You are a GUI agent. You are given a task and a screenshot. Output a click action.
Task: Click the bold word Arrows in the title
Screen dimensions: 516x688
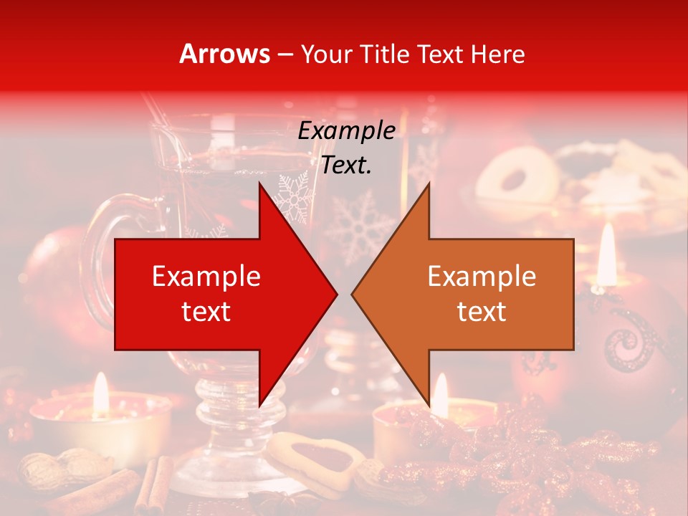[x=225, y=54]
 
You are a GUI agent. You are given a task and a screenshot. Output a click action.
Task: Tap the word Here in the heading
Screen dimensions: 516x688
[x=499, y=54]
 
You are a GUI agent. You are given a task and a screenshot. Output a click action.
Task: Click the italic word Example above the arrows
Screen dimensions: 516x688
[x=346, y=131]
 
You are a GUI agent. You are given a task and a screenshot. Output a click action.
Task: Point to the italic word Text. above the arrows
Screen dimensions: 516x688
[x=346, y=165]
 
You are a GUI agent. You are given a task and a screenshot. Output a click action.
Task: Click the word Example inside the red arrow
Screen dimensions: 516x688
[x=206, y=277]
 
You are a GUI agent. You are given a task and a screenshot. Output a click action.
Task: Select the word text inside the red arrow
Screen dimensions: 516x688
[x=206, y=311]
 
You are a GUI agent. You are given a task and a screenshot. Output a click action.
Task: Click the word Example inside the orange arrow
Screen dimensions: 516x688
[x=482, y=277]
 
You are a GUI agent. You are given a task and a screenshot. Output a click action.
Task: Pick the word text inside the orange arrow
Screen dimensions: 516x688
[x=482, y=311]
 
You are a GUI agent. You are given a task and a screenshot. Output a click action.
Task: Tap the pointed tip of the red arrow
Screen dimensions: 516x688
[x=335, y=294]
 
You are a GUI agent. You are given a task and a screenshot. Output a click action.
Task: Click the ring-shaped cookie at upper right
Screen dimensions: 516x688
[x=517, y=176]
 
